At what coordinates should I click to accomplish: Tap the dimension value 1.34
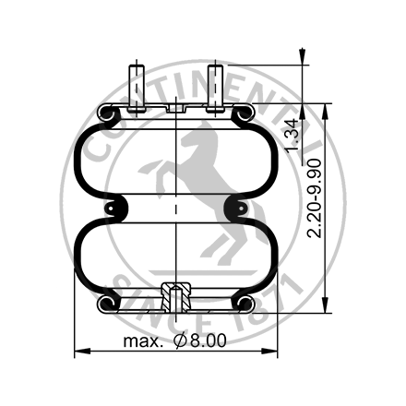tap(293, 134)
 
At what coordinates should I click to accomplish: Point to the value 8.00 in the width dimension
tap(208, 341)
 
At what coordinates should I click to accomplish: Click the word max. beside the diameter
tap(147, 341)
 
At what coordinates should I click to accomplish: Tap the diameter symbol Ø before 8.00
tap(180, 341)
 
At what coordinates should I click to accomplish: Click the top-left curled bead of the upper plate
tap(104, 114)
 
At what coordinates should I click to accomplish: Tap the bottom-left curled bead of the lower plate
tap(104, 302)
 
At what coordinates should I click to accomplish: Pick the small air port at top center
tap(175, 108)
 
